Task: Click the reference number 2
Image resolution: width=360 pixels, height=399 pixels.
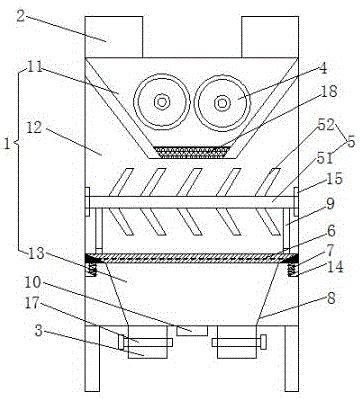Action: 21,16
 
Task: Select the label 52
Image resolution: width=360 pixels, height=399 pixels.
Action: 326,125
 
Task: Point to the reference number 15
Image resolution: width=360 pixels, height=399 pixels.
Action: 334,179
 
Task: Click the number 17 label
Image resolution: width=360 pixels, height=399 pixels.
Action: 33,303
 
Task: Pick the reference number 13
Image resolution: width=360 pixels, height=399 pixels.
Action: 36,253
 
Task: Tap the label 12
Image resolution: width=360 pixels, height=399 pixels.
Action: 34,128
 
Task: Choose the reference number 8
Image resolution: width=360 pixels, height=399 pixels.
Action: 331,298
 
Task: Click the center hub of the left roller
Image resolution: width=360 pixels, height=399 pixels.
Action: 162,103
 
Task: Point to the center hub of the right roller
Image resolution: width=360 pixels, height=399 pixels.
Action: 222,103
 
